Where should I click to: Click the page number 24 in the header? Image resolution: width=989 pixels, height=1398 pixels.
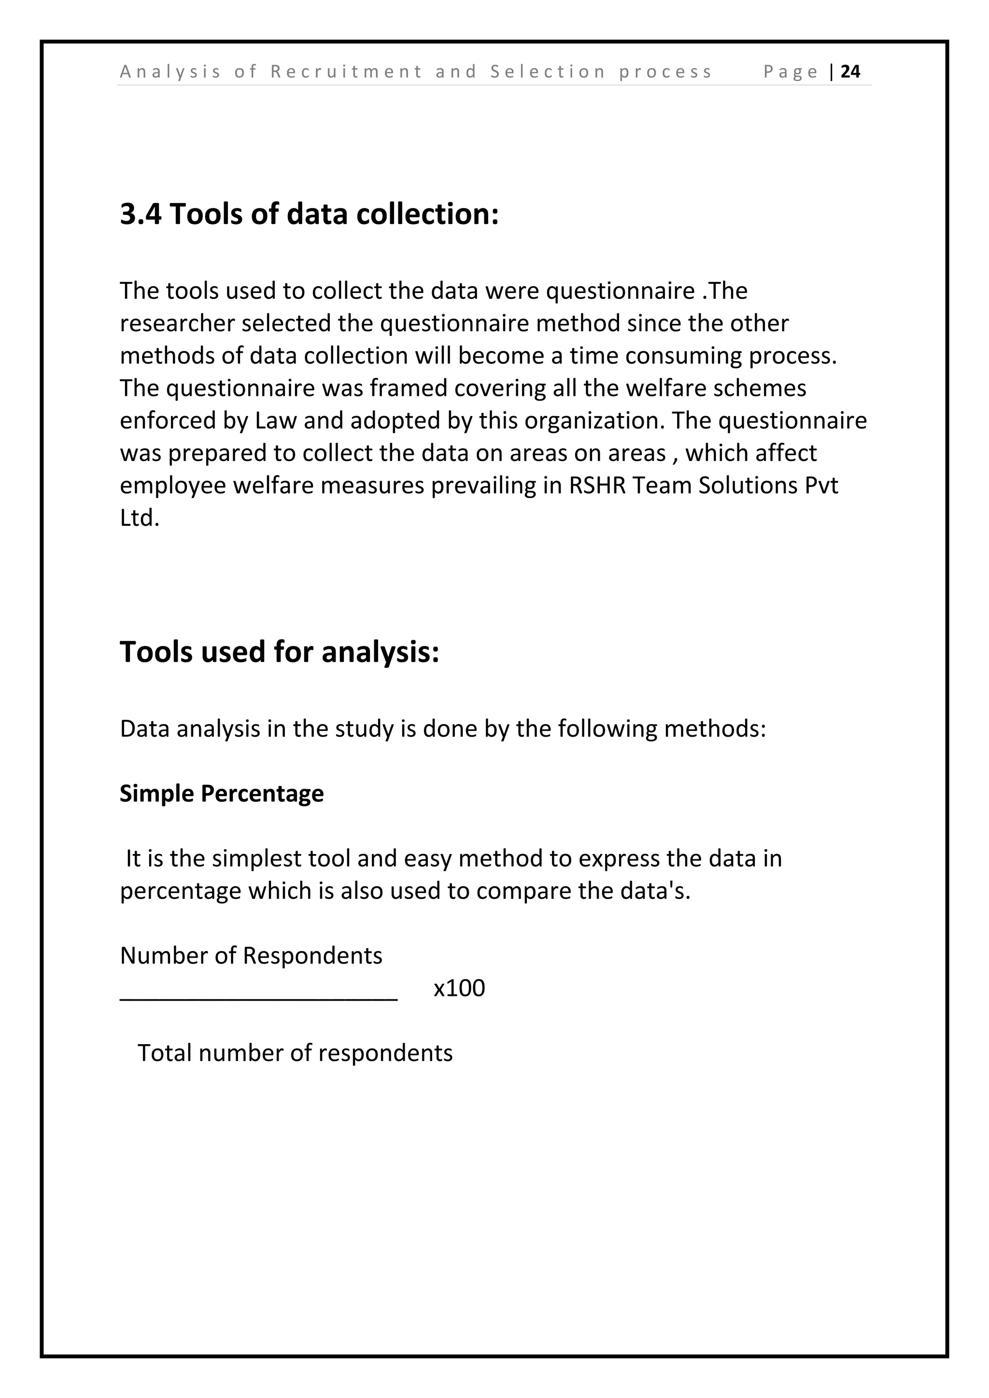pyautogui.click(x=850, y=72)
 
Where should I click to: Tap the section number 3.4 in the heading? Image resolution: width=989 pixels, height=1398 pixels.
pyautogui.click(x=140, y=214)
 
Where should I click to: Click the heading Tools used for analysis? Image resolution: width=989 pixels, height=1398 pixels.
pyautogui.click(x=279, y=652)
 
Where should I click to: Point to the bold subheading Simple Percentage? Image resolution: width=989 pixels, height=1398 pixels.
pyautogui.click(x=221, y=794)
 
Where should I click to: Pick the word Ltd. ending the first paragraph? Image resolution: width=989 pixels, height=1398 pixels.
pyautogui.click(x=140, y=517)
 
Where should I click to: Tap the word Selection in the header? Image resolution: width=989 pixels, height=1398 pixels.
pyautogui.click(x=548, y=72)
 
